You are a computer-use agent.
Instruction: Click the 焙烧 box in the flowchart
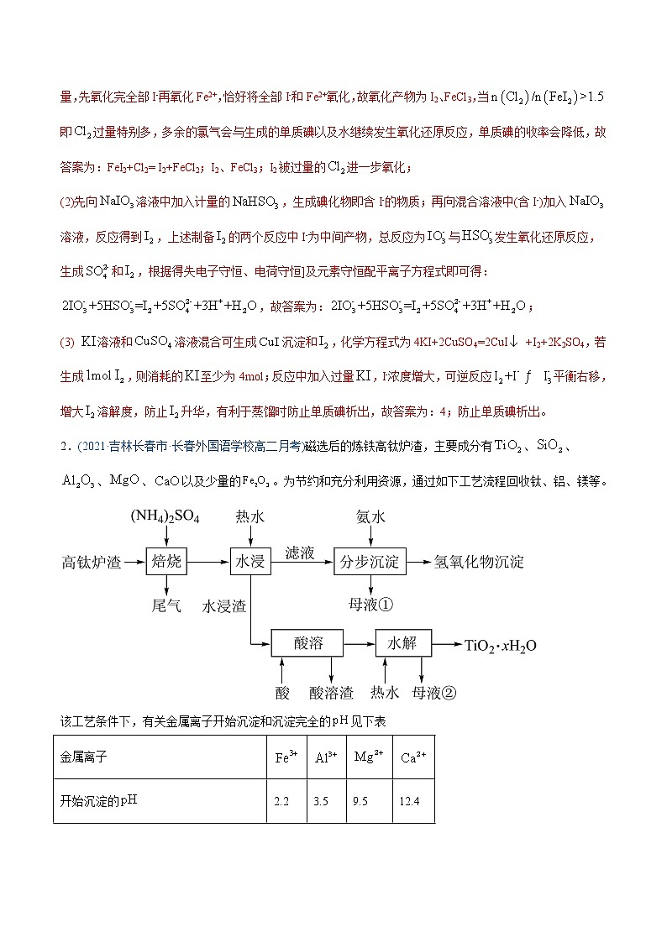tap(165, 561)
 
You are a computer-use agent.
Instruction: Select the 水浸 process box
tap(249, 561)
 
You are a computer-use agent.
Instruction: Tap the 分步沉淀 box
tap(370, 561)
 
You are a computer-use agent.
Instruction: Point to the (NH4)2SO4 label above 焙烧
tap(165, 517)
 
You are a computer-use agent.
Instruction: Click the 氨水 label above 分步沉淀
tap(370, 517)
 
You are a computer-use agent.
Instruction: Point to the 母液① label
tap(371, 605)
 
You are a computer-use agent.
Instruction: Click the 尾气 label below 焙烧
tap(165, 605)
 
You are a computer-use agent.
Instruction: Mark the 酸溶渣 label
tap(332, 692)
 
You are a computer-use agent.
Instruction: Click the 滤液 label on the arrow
tap(299, 552)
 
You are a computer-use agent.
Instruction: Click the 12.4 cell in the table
tap(409, 801)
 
